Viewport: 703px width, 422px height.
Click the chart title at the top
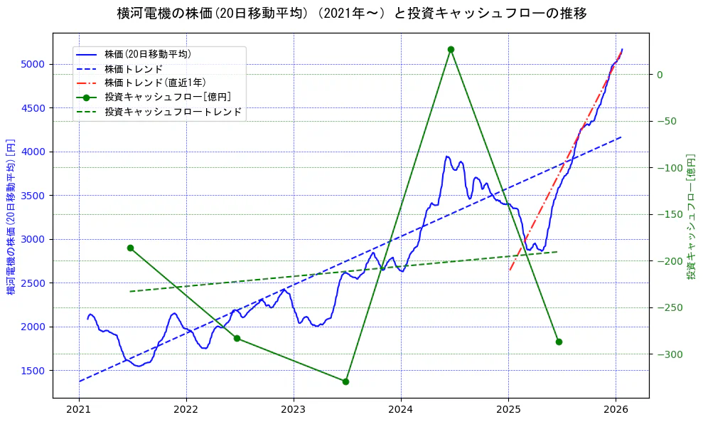click(351, 13)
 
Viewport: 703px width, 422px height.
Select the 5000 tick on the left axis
click(33, 64)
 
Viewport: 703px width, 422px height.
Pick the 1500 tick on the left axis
click(33, 371)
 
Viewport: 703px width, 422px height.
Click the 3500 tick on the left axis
click(33, 196)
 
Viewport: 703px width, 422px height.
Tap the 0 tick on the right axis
click(659, 75)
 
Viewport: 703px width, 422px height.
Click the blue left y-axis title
click(11, 216)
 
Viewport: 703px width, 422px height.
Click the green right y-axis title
click(690, 216)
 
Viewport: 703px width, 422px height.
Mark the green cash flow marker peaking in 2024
click(451, 49)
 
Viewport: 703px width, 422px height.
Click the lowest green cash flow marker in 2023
click(345, 381)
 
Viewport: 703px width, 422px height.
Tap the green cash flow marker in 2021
click(130, 248)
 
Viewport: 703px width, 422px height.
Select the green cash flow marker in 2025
click(559, 342)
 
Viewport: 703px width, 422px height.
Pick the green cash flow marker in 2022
click(237, 338)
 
